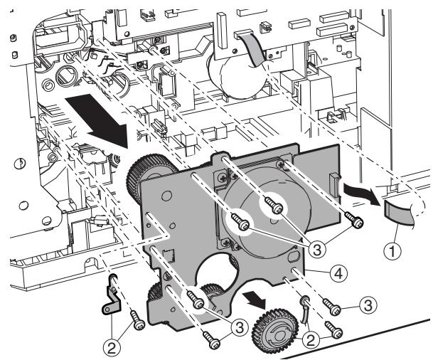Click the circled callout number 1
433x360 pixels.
(392, 251)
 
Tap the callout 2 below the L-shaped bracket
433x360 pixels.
(112, 349)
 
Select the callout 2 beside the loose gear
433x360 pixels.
(311, 340)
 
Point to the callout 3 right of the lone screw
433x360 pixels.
(368, 305)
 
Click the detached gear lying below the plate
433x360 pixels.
(274, 329)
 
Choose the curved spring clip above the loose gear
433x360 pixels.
(304, 309)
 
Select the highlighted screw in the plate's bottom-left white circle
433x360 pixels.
(196, 301)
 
